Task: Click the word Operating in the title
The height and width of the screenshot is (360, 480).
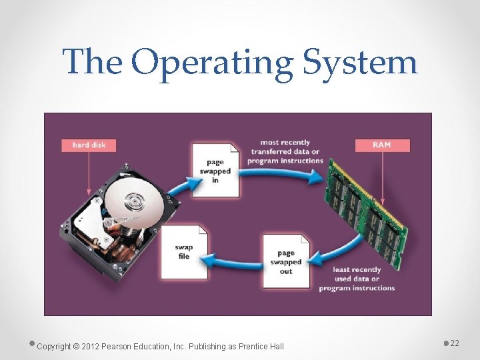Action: coord(212,63)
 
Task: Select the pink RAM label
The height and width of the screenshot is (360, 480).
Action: coord(382,145)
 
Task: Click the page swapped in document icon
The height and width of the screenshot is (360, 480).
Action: coord(215,169)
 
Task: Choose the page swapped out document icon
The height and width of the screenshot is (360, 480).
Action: coord(286,261)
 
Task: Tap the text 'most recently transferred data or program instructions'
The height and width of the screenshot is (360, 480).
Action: coord(285,151)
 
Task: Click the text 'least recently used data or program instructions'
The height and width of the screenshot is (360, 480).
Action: coord(357,279)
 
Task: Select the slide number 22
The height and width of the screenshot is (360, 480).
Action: coord(455,343)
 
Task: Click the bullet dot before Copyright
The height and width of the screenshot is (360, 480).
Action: coord(33,343)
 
